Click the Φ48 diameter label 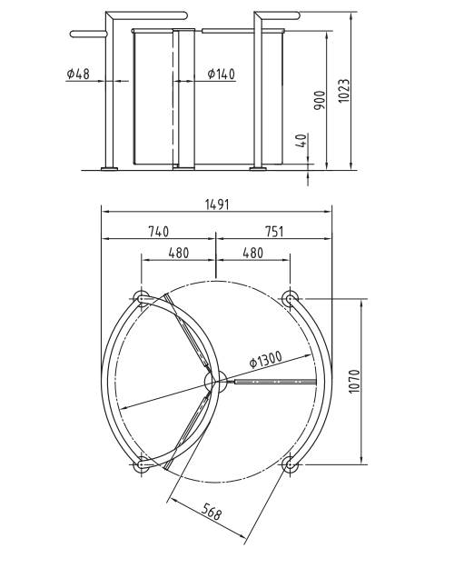click(x=78, y=74)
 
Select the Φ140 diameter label click(x=221, y=74)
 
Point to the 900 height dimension click(x=319, y=100)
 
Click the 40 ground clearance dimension click(x=301, y=141)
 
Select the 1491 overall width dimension click(x=216, y=205)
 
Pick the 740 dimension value click(x=157, y=233)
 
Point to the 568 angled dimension click(x=211, y=514)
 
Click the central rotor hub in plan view click(x=216, y=382)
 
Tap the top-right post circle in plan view click(x=290, y=298)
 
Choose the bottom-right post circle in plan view click(x=290, y=465)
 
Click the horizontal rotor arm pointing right click(x=272, y=382)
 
